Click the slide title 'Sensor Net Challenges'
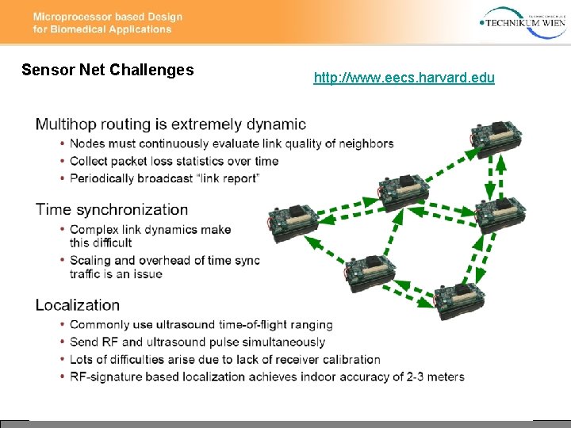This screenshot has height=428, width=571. [x=108, y=70]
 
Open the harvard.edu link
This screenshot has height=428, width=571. [x=404, y=78]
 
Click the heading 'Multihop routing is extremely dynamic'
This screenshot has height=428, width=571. [x=171, y=124]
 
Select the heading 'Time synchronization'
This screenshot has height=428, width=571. [x=112, y=210]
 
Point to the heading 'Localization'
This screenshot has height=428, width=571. [x=78, y=305]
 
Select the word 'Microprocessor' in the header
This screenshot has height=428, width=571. [x=73, y=17]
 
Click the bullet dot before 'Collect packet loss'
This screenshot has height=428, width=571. [x=62, y=161]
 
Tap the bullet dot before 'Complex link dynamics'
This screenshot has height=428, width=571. [x=62, y=230]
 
